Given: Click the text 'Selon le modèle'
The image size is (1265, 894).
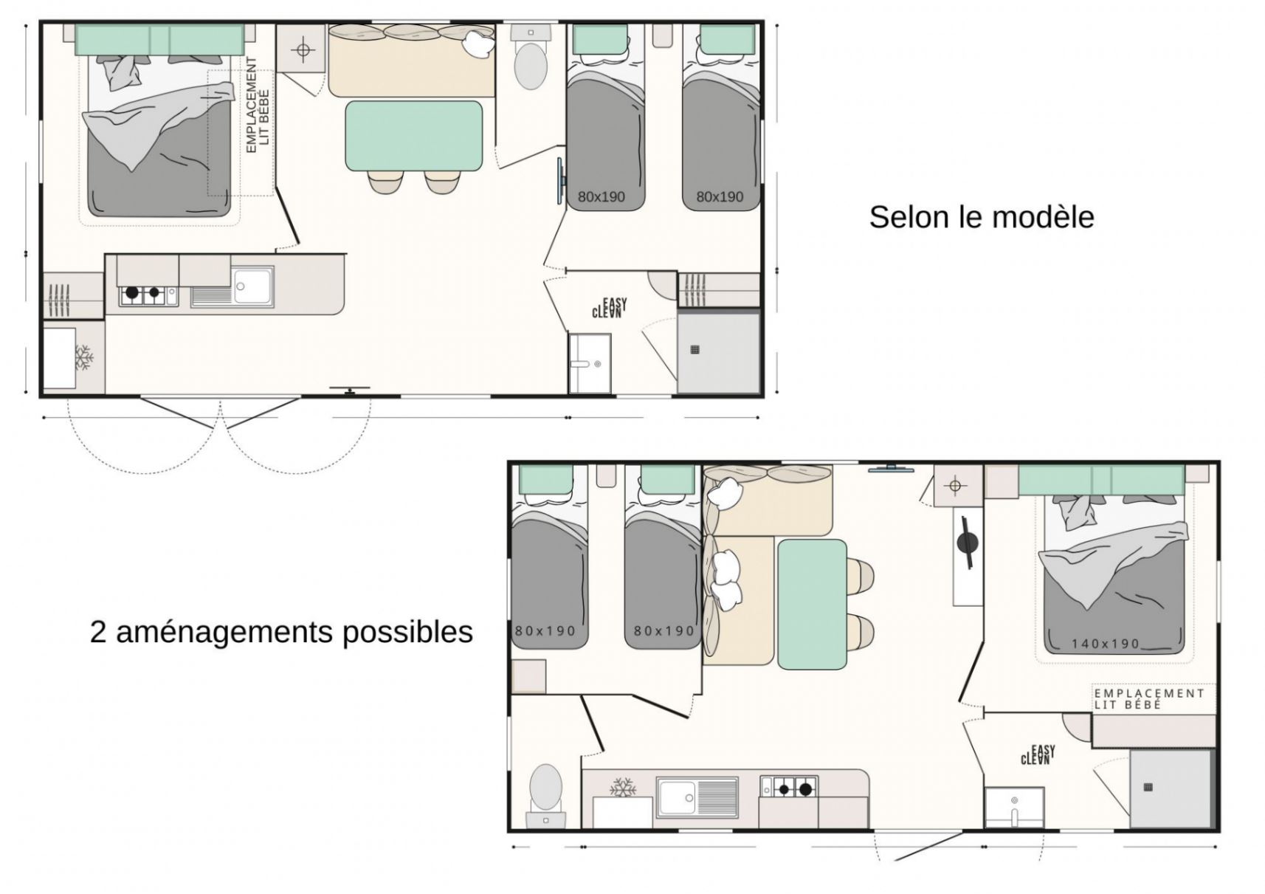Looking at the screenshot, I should point(981,217).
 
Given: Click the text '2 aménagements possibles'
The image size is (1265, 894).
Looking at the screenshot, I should point(281,632).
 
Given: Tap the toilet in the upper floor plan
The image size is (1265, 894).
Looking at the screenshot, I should point(530,65).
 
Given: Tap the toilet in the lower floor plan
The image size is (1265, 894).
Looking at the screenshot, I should point(546,788).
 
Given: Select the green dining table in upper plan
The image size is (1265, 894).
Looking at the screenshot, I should point(413,136).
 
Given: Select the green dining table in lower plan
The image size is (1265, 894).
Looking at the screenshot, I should point(812,604).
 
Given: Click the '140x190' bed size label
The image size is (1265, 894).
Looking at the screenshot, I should point(1105,644).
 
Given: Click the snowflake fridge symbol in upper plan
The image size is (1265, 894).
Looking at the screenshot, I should point(83,357).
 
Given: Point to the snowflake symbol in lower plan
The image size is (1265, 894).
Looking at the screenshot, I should point(623,787).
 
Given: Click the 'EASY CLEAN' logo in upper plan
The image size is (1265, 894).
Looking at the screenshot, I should point(610,308).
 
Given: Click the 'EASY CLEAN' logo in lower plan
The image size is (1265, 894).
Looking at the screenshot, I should point(1038,754).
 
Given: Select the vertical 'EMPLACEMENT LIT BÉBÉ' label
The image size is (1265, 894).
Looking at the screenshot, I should point(258,105).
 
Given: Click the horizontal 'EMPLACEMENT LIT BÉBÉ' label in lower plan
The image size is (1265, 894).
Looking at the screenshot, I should point(1148,698).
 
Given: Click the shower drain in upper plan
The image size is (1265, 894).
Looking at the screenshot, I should point(694,350).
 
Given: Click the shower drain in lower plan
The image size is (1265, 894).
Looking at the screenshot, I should point(1148,787).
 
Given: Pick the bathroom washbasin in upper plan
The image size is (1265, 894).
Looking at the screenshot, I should point(590,362).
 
